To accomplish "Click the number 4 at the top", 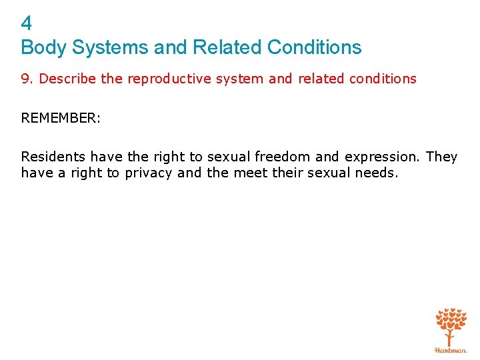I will [x=27, y=25].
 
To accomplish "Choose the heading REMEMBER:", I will [x=61, y=118].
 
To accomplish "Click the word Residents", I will [x=53, y=157].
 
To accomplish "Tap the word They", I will [x=441, y=157].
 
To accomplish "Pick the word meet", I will [x=246, y=173].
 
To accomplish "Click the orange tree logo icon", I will [x=451, y=326].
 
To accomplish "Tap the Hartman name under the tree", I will [x=451, y=350].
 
